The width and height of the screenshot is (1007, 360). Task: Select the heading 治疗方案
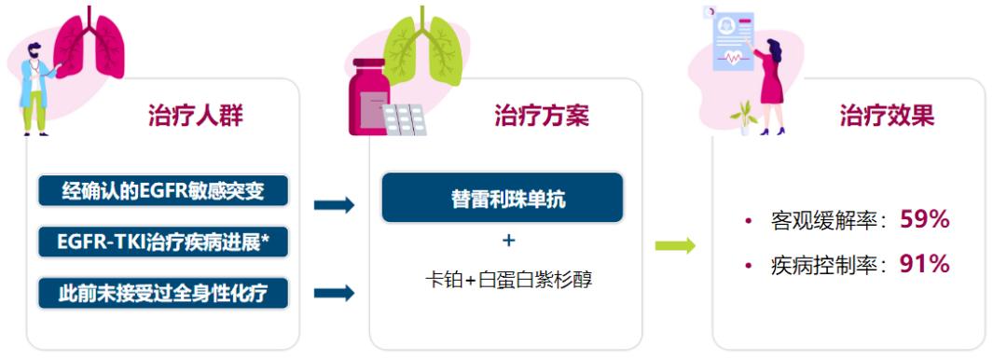pyautogui.click(x=541, y=116)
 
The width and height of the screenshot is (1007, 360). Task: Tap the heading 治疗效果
pyautogui.click(x=886, y=116)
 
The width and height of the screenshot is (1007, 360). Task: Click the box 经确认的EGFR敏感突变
pyautogui.click(x=163, y=192)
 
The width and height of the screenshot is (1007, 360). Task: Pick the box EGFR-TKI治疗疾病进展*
pyautogui.click(x=163, y=242)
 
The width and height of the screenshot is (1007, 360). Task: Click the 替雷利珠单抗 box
pyautogui.click(x=502, y=198)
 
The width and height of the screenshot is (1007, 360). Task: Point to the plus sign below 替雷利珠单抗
pyautogui.click(x=508, y=241)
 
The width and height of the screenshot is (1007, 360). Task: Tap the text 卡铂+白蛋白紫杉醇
pyautogui.click(x=508, y=279)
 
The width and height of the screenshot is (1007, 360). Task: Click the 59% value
pyautogui.click(x=924, y=220)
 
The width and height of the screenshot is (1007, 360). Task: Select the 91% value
pyautogui.click(x=924, y=265)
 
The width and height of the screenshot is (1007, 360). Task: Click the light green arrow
pyautogui.click(x=675, y=246)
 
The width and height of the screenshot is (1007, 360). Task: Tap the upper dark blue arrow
pyautogui.click(x=334, y=205)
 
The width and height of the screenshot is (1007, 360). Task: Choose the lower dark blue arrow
pyautogui.click(x=334, y=293)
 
